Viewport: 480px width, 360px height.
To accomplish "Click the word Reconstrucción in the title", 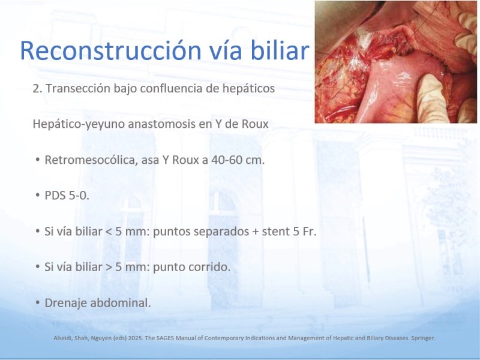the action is pyautogui.click(x=110, y=50).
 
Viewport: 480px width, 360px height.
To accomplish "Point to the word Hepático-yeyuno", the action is pyautogui.click(x=79, y=124).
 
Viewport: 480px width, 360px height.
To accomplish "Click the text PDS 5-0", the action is pyautogui.click(x=67, y=196).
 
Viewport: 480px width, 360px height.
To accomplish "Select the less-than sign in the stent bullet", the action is pyautogui.click(x=109, y=232).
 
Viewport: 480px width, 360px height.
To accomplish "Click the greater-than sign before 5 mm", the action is pyautogui.click(x=109, y=267).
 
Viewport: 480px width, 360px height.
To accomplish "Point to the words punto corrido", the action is pyautogui.click(x=191, y=267).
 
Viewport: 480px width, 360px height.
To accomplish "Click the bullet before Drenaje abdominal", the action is pyautogui.click(x=38, y=303).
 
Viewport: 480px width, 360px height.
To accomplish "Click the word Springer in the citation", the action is pyautogui.click(x=423, y=338).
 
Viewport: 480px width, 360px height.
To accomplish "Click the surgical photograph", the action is pyautogui.click(x=396, y=62).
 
